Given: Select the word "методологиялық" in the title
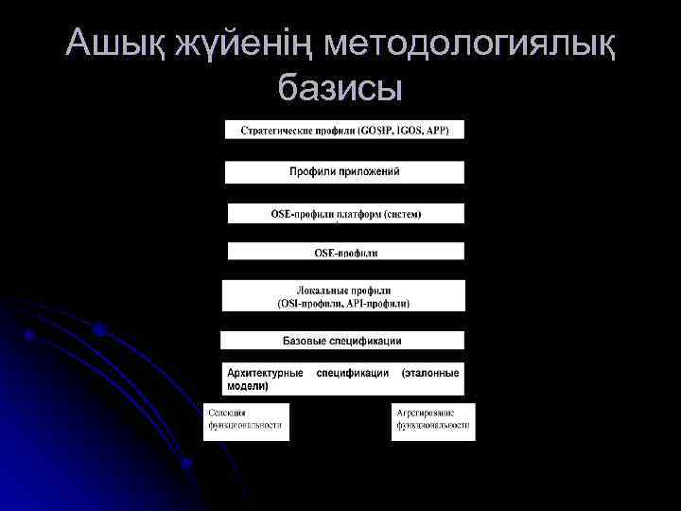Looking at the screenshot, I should (469, 44).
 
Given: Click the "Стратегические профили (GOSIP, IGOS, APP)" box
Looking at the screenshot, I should (344, 130).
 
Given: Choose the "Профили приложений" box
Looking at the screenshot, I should (344, 172).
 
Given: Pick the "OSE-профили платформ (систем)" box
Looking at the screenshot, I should (346, 214).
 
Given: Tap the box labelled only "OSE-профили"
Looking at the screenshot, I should (346, 252).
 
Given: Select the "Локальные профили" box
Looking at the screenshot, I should (344, 296).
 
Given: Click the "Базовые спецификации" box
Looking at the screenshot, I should (342, 340).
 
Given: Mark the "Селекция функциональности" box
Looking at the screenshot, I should (246, 421).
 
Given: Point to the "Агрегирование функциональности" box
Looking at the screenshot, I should (433, 421).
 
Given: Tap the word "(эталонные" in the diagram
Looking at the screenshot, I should (430, 373).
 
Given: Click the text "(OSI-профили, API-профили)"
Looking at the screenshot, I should (344, 304).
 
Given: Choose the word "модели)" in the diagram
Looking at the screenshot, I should (248, 386).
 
